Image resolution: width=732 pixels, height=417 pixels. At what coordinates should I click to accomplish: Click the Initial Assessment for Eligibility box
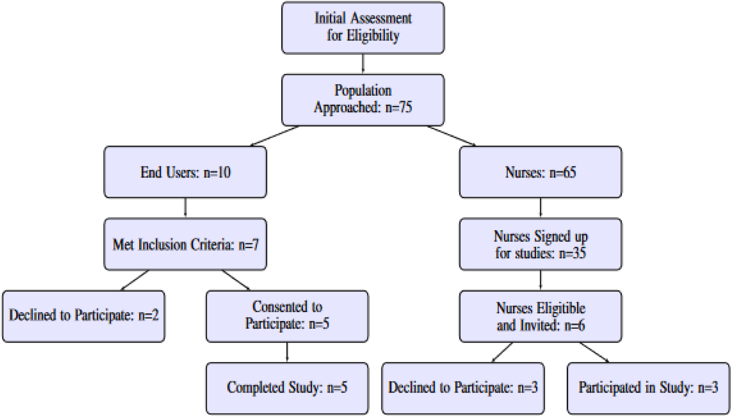(362, 28)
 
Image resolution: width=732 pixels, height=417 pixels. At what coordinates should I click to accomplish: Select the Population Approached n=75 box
(362, 99)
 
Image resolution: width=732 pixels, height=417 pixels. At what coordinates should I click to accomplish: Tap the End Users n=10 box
(185, 172)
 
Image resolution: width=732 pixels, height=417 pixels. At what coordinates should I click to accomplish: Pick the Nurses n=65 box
(540, 172)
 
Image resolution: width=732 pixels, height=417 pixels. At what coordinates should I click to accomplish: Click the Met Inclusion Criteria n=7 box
(185, 244)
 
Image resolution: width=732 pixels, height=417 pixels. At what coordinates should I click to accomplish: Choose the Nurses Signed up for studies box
(540, 244)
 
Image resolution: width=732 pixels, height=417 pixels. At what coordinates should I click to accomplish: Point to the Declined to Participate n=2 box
(83, 316)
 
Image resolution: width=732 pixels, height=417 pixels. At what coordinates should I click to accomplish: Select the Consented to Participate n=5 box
(287, 316)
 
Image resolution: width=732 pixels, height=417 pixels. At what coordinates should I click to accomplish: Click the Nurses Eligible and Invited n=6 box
(540, 316)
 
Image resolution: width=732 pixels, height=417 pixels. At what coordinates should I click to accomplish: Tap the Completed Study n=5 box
(287, 388)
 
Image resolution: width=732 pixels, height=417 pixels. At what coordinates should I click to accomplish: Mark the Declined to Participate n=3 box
(463, 388)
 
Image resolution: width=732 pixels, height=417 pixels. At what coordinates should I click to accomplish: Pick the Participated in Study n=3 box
(648, 388)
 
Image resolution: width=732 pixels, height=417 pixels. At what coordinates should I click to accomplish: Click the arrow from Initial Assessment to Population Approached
(363, 64)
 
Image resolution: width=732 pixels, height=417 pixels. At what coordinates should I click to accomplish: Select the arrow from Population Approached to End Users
(275, 136)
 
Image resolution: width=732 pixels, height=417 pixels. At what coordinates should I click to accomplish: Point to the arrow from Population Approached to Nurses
(451, 136)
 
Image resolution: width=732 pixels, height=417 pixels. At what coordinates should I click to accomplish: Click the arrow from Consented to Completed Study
(287, 352)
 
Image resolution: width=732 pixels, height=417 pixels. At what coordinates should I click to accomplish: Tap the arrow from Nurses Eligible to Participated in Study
(594, 352)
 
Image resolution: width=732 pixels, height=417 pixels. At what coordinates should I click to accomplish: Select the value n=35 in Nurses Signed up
(572, 253)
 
